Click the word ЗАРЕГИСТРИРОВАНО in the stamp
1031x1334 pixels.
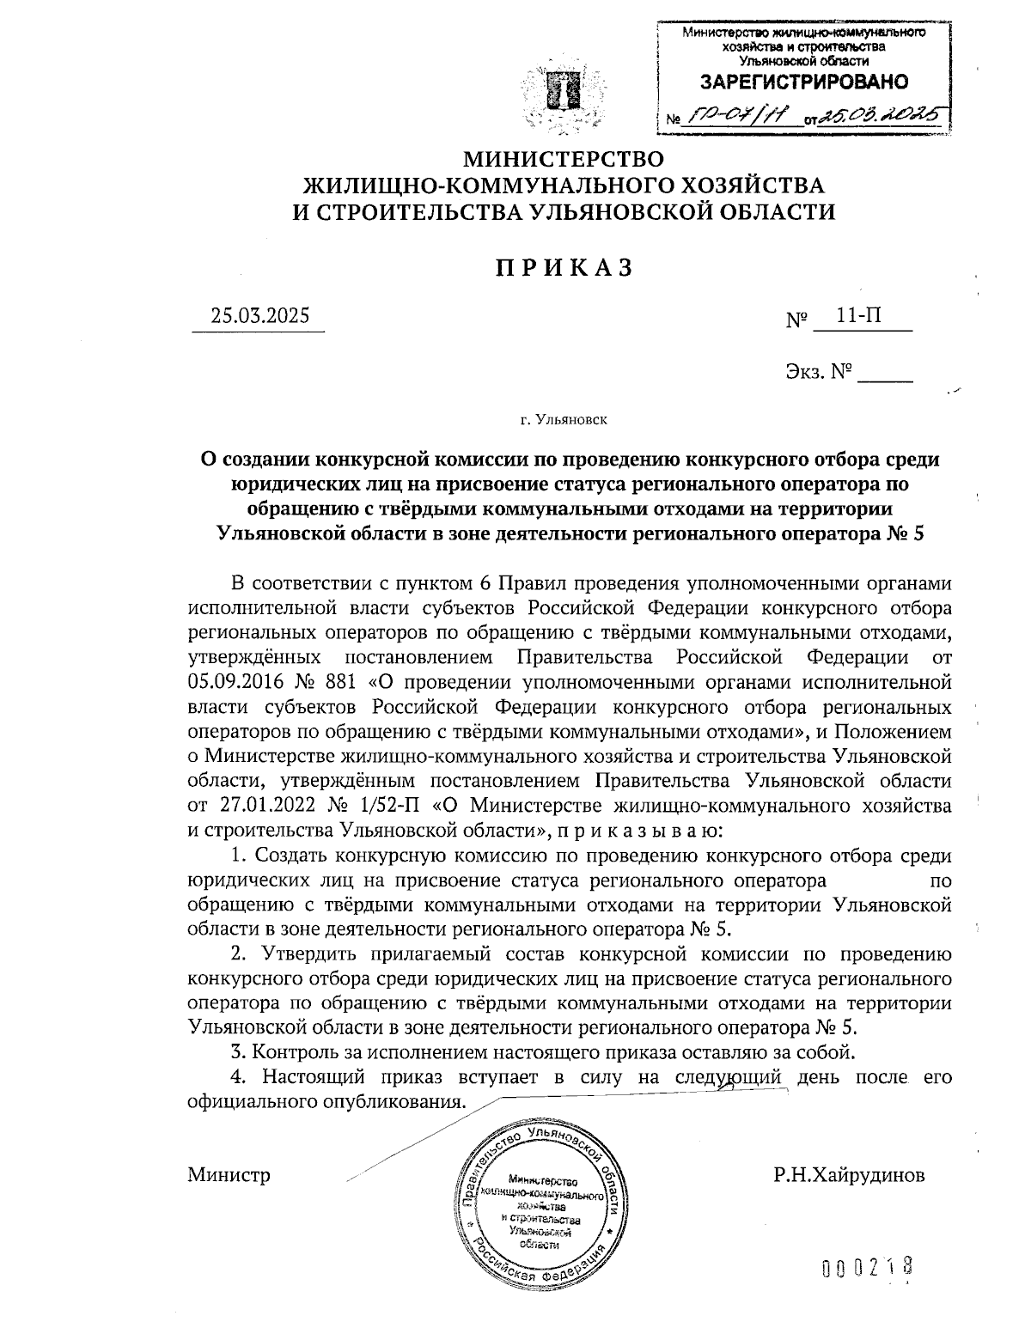(804, 82)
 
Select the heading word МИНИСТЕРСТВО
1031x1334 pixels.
(564, 160)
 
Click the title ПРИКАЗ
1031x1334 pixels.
(564, 267)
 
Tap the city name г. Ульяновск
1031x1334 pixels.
(564, 420)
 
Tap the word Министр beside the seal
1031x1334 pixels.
(229, 1175)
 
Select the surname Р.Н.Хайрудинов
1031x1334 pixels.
(849, 1175)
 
